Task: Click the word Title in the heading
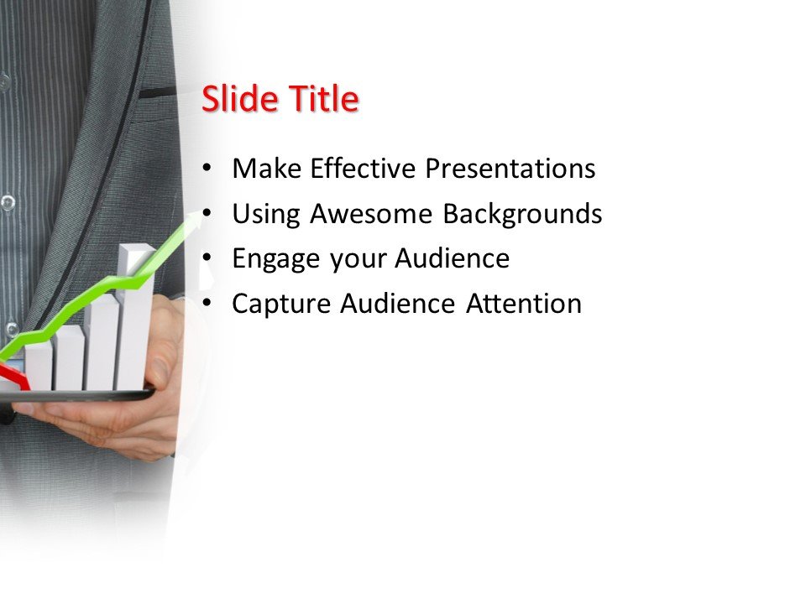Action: [x=323, y=99]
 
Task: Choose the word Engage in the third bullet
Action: [x=276, y=259]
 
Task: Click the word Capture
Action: [x=282, y=304]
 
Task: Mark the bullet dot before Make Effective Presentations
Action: [x=207, y=169]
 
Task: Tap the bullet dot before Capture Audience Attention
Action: [x=207, y=304]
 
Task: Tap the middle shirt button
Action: [x=8, y=202]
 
